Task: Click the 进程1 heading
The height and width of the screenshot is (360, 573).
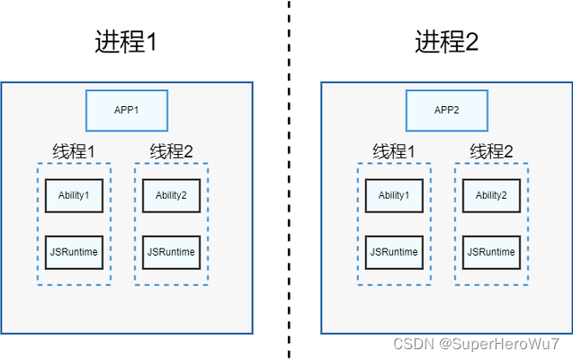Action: click(x=125, y=41)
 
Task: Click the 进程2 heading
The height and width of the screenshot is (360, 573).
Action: click(x=446, y=41)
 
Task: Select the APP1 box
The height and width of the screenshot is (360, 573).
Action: click(x=126, y=110)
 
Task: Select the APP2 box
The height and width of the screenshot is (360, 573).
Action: click(x=446, y=110)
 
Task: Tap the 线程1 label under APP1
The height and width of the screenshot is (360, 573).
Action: click(x=74, y=151)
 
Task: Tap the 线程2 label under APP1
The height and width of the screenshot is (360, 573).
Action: click(x=171, y=151)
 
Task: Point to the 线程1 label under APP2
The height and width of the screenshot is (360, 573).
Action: click(x=394, y=151)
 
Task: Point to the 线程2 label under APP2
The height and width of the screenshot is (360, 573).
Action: click(x=491, y=151)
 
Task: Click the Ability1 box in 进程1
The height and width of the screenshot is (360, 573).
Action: click(x=74, y=195)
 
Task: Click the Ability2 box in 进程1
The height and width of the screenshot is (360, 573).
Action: click(x=171, y=195)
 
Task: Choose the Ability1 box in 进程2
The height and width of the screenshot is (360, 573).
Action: click(x=394, y=195)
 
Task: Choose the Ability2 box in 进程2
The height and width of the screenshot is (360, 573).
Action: click(x=491, y=195)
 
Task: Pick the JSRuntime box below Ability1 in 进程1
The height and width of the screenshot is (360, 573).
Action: click(x=74, y=252)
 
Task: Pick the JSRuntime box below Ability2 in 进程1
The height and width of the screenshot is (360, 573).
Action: click(x=171, y=252)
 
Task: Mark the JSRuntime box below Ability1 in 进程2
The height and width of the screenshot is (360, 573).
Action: click(x=394, y=252)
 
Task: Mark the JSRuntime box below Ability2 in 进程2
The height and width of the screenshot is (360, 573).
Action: click(x=491, y=252)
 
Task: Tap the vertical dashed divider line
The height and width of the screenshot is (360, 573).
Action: click(x=289, y=180)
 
